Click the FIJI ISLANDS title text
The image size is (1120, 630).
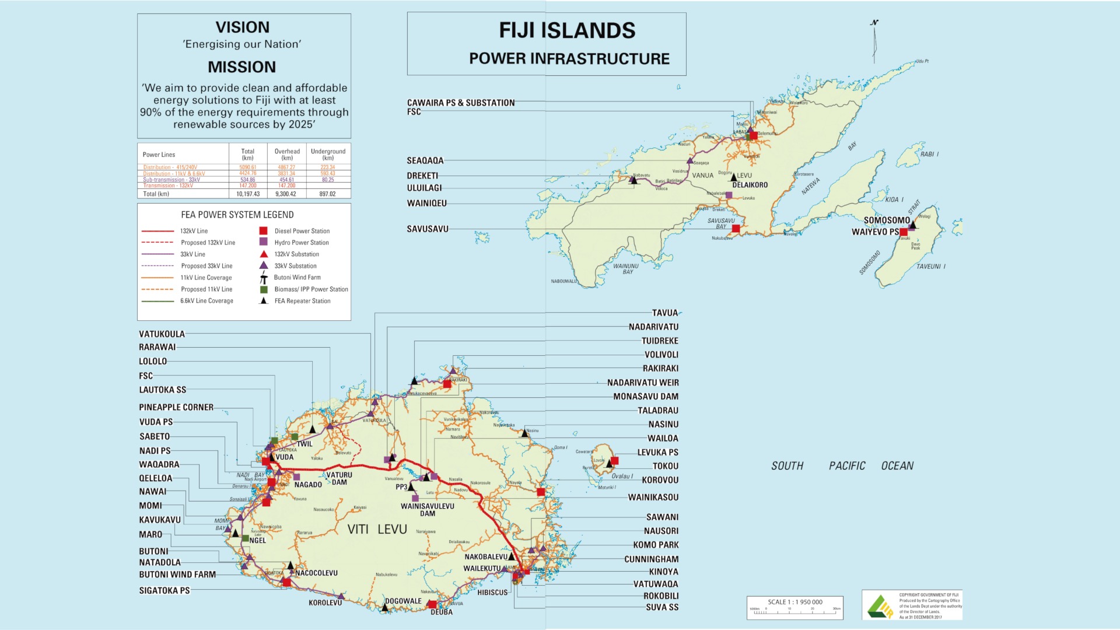(x=566, y=30)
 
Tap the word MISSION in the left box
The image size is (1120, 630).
(x=242, y=67)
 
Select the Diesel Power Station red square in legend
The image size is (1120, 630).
(x=264, y=231)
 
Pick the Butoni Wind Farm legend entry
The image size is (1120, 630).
(x=297, y=278)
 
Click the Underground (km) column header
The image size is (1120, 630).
(x=328, y=154)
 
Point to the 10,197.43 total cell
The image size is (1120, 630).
(x=248, y=194)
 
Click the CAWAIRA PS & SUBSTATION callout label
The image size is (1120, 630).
(x=460, y=103)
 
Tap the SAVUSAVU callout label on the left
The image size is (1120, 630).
(x=428, y=229)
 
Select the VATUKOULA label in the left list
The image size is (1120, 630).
(x=162, y=334)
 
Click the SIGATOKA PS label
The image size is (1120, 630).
(x=164, y=590)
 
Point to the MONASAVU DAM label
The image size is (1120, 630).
(x=645, y=397)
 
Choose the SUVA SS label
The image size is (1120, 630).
(x=661, y=607)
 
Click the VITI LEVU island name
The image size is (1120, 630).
(x=377, y=529)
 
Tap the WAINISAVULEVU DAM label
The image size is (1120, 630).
(x=427, y=509)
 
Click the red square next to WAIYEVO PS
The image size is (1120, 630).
(x=904, y=232)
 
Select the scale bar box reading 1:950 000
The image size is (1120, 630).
(x=794, y=607)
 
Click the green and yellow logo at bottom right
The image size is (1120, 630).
(x=880, y=606)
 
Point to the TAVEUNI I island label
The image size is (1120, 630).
(x=930, y=267)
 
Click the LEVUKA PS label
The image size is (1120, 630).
(x=657, y=453)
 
